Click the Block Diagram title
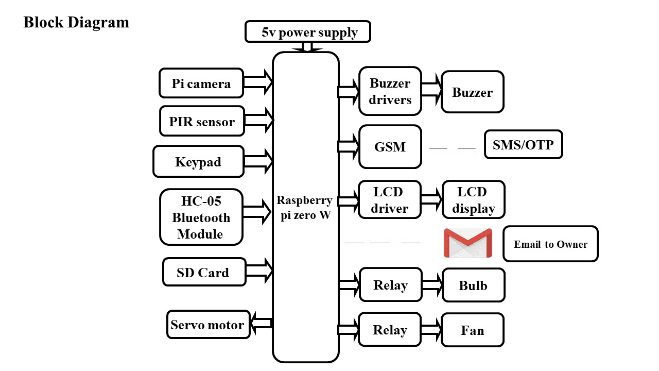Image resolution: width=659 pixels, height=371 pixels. (76, 23)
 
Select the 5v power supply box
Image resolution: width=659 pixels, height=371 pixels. (308, 32)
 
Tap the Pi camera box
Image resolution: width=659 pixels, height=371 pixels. (201, 83)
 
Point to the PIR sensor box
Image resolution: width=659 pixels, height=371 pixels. (202, 122)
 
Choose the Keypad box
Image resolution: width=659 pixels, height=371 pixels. (198, 161)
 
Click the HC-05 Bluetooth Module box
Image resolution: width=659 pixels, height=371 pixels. (201, 217)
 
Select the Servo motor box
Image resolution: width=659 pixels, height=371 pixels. (208, 325)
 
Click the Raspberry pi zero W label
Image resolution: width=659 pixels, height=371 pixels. (305, 208)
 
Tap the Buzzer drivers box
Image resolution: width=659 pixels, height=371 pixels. (390, 91)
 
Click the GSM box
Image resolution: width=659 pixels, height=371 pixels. (390, 147)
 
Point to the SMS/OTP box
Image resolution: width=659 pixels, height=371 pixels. (523, 145)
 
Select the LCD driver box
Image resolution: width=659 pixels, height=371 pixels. (390, 200)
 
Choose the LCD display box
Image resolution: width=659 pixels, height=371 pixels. (473, 200)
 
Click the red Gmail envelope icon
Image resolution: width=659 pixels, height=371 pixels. (467, 243)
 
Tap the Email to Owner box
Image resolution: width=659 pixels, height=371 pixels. (550, 244)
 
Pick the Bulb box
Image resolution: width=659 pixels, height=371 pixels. (473, 285)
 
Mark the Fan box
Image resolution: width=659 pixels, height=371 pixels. (472, 330)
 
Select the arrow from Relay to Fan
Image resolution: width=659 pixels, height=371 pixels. (431, 329)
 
